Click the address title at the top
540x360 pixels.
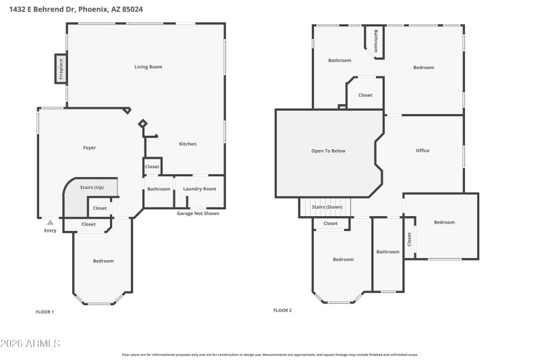click(76, 9)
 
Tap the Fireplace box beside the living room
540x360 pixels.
click(61, 70)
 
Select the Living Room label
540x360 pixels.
click(148, 67)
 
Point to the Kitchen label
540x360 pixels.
click(188, 145)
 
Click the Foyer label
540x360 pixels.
click(89, 147)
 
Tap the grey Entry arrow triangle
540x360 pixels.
click(50, 222)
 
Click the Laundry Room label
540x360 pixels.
click(200, 189)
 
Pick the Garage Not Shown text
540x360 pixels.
click(198, 213)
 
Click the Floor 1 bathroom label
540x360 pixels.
click(159, 189)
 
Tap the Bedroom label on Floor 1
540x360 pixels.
click(103, 261)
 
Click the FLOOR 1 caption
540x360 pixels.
click(45, 311)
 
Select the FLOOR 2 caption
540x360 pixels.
click(282, 311)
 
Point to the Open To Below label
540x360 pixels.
click(328, 151)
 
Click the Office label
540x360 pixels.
click(423, 151)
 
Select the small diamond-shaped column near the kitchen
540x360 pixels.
click(142, 124)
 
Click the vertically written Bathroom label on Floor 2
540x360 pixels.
click(376, 41)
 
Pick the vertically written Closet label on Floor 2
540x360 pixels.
click(409, 239)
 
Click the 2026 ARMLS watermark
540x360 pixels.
click(31, 344)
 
